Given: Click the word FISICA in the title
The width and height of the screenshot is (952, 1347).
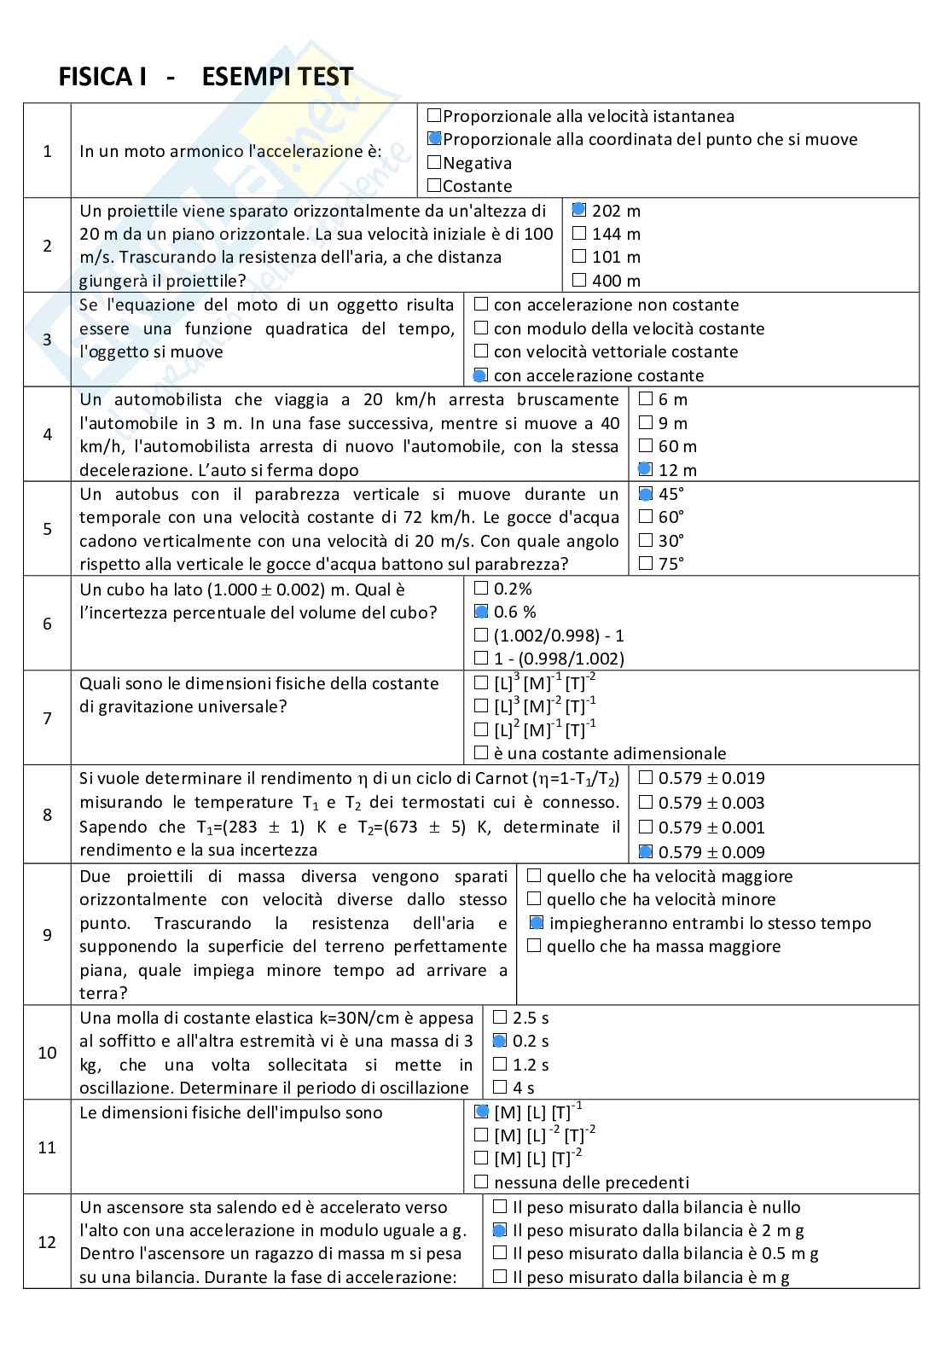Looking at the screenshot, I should (92, 78).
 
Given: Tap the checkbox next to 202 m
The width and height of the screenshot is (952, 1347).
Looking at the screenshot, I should (579, 210).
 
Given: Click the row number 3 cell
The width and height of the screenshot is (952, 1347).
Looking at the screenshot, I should (47, 340).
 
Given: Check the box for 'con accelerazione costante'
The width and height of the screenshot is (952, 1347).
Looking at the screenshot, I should (480, 374).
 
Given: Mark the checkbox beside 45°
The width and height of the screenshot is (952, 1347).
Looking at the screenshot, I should (645, 493).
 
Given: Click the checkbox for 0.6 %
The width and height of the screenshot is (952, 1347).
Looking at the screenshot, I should (480, 612).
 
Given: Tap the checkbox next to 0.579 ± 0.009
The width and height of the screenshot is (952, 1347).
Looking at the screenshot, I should (645, 851).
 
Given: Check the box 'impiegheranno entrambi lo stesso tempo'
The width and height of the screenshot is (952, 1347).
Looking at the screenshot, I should (535, 923).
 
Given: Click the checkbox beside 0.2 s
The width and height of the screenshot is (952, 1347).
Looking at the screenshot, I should (500, 1041).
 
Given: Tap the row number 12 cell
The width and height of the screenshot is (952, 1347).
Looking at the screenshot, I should (47, 1242).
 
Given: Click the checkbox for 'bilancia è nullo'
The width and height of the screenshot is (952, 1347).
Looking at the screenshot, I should (500, 1207).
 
